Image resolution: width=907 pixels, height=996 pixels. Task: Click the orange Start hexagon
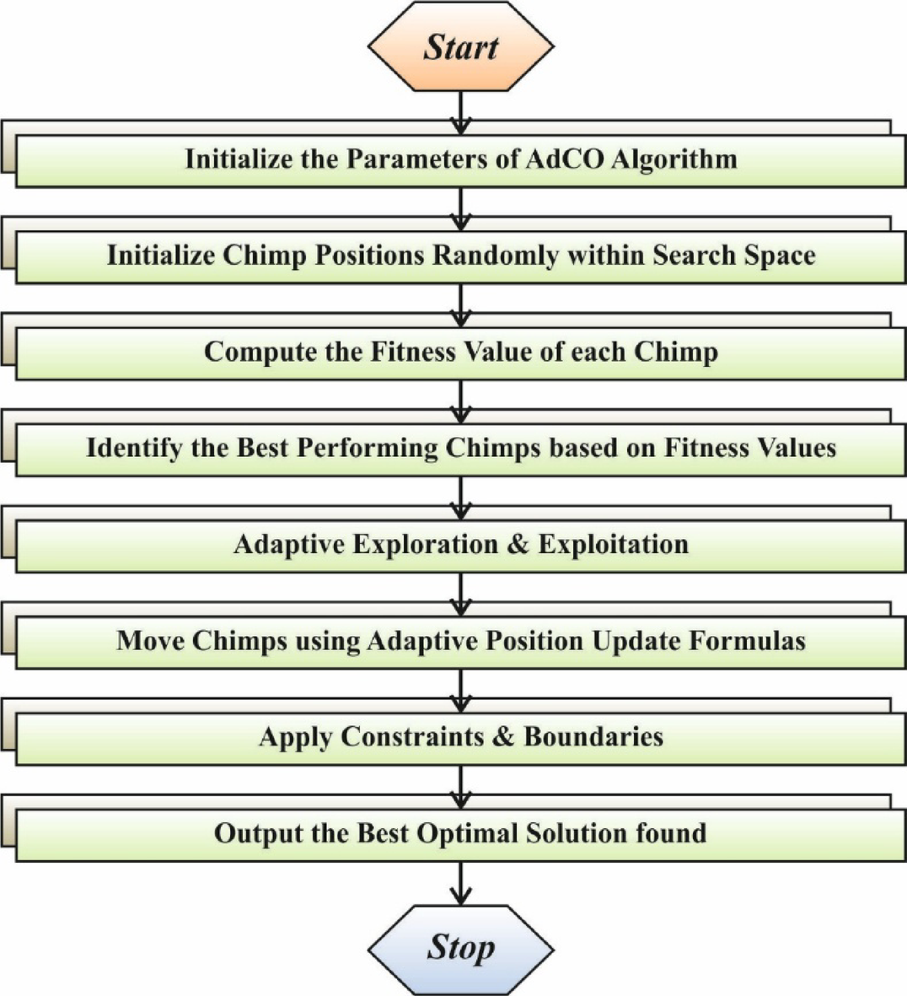pos(460,46)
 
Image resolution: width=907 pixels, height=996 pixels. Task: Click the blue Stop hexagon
pos(460,948)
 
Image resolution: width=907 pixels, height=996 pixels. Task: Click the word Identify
pos(135,448)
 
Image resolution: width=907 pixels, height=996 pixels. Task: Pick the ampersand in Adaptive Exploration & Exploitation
pos(518,545)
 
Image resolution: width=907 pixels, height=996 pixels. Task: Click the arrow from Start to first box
pos(460,112)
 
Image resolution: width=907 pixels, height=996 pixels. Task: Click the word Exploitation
pos(613,545)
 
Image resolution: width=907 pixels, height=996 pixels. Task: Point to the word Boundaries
pos(593,737)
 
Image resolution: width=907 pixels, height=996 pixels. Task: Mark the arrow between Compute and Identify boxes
pos(460,401)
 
